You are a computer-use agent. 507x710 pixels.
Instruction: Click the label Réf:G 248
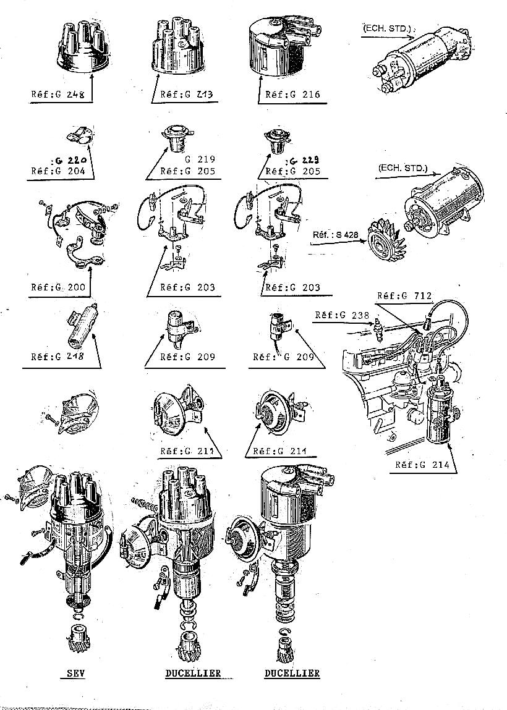(x=58, y=95)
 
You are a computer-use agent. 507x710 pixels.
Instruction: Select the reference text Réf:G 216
(x=292, y=95)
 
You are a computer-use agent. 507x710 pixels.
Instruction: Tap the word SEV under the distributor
(x=75, y=673)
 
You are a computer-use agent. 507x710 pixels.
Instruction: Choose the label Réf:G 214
(x=422, y=465)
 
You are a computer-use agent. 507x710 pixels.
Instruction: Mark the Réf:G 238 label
(x=342, y=315)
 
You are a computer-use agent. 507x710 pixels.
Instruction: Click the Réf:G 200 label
(x=58, y=287)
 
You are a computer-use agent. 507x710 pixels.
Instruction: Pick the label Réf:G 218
(x=58, y=357)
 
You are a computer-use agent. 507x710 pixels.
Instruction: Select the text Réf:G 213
(x=187, y=95)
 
